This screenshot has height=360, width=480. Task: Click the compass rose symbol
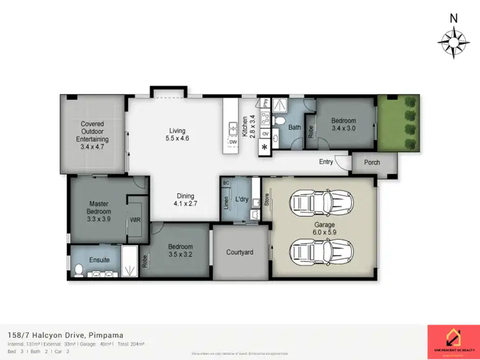[x=453, y=43]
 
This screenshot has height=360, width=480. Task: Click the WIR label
[x=135, y=219]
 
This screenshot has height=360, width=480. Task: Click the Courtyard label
[x=239, y=252]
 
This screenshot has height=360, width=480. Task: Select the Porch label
[x=372, y=162]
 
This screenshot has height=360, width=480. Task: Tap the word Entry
[x=326, y=162]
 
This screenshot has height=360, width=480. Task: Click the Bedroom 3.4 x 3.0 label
[x=346, y=124]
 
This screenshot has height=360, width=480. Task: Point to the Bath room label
[x=294, y=127]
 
